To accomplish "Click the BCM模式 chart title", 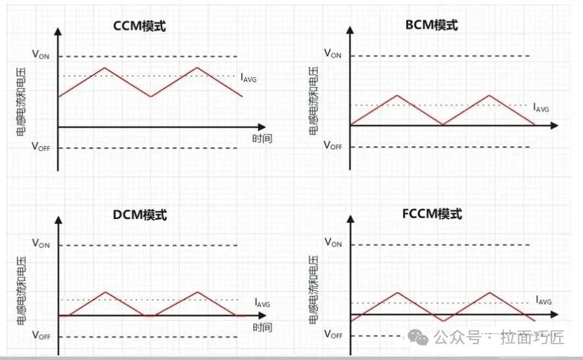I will pos(431,25).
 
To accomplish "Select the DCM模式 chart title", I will pos(140,215).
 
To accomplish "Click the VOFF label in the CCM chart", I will pos(41,147).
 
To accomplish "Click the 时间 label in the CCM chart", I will pos(261,138).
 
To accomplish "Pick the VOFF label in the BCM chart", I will pos(332,146).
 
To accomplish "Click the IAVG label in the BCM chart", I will pos(541,107).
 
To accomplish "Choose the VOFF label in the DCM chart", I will pos(41,335).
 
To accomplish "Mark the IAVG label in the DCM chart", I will pos(262,303).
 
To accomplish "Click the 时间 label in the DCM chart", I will pos(261,328).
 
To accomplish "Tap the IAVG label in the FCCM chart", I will pos(543,300).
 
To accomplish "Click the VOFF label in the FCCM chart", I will pos(333,334).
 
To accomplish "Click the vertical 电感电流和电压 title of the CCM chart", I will pos(21,99).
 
